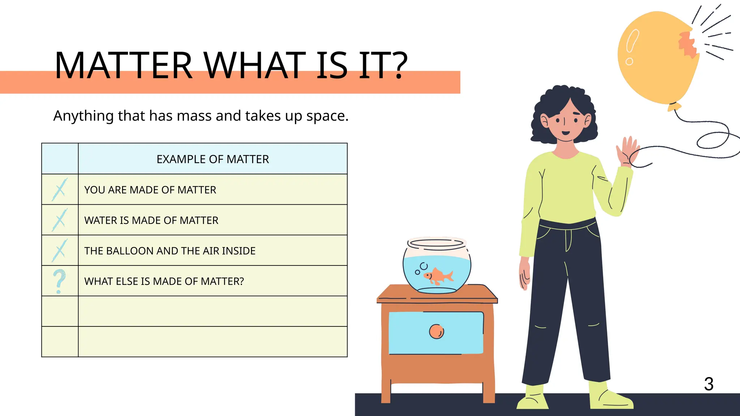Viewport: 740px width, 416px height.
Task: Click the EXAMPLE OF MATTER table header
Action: point(212,159)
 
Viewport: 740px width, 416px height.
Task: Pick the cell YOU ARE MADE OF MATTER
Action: point(150,190)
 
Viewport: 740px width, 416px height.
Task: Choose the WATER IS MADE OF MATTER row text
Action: point(151,220)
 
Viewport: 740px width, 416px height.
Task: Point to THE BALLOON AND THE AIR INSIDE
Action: point(170,251)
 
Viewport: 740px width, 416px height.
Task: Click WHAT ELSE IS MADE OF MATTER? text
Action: point(164,281)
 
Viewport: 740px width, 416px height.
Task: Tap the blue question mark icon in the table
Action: point(59,281)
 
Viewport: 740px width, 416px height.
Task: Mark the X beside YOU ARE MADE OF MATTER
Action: point(60,190)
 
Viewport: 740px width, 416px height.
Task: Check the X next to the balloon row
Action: point(60,250)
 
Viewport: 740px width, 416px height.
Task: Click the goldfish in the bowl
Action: point(438,276)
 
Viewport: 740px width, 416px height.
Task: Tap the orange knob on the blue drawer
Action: point(436,331)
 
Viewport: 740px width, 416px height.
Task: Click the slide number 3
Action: point(709,384)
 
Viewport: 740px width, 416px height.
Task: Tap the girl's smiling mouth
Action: point(565,133)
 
